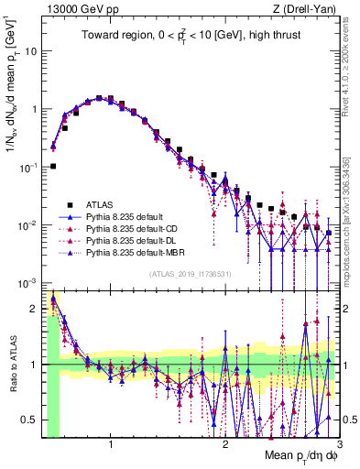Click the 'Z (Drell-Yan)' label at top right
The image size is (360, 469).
[x=304, y=9]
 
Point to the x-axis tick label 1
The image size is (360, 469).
[x=111, y=445]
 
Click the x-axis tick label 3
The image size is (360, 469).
[x=338, y=445]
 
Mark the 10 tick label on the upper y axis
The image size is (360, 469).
[x=31, y=51]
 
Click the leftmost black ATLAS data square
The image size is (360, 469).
[x=53, y=166]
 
